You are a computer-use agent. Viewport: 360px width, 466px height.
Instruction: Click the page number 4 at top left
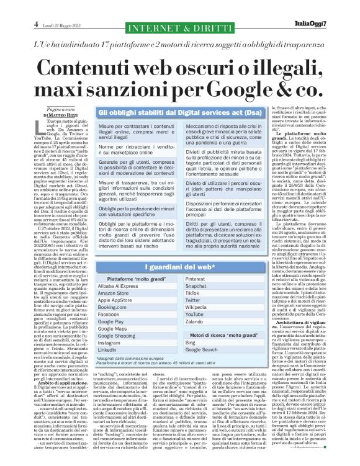coord(11,6)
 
